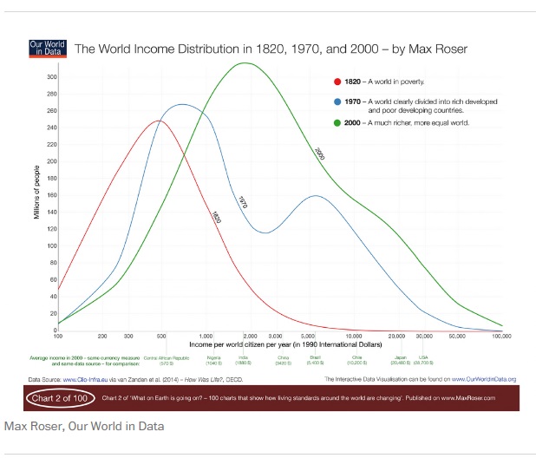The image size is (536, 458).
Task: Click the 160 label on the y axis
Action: point(51,196)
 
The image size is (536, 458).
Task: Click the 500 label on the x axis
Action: point(161,335)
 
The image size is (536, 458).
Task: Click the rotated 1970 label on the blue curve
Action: point(243,202)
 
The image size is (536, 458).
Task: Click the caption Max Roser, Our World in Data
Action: point(83,427)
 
